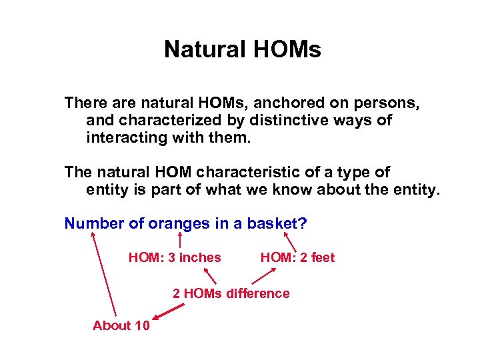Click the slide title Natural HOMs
point(242,49)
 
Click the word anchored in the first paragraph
point(300,103)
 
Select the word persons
point(395,103)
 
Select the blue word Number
point(94,223)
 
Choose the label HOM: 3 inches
point(175,257)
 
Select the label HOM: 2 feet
point(297,257)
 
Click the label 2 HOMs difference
point(231,293)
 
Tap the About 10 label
point(121,325)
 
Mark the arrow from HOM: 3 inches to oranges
point(181,240)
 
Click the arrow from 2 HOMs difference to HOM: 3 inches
point(210,275)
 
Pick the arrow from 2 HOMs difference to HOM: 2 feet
point(257,275)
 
